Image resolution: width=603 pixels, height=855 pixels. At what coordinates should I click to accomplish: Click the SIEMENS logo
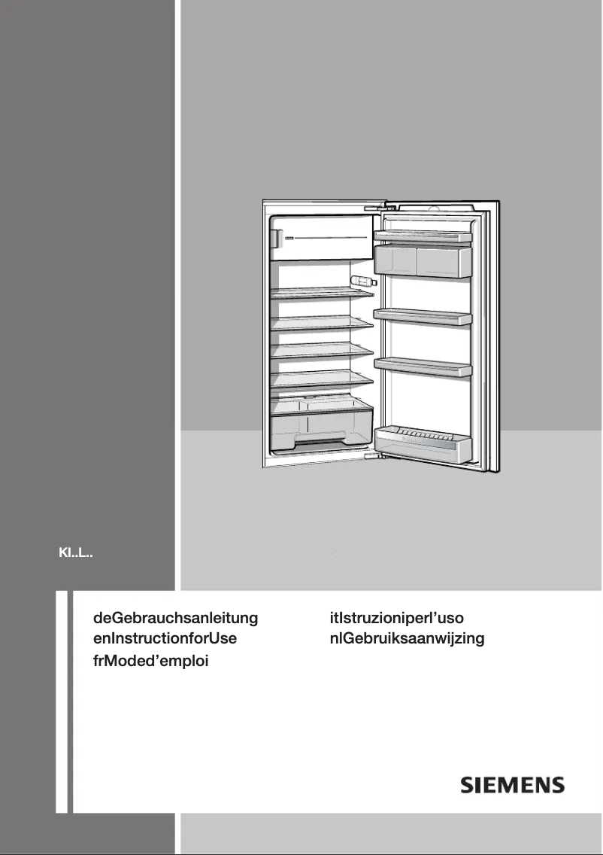click(512, 785)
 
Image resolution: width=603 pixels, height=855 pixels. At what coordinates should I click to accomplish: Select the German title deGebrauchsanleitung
click(175, 619)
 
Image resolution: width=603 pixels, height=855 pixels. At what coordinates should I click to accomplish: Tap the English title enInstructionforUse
click(165, 640)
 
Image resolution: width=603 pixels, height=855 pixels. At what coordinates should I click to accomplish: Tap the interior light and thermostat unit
click(362, 281)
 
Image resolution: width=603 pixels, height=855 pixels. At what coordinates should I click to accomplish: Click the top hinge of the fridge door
click(374, 206)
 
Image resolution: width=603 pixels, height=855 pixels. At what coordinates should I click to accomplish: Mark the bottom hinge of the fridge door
click(371, 454)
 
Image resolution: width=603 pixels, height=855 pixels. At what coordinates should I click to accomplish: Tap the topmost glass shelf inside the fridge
click(323, 294)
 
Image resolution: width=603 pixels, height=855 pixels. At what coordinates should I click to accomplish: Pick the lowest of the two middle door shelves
click(423, 367)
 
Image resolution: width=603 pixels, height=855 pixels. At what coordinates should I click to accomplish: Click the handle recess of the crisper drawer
click(319, 439)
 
